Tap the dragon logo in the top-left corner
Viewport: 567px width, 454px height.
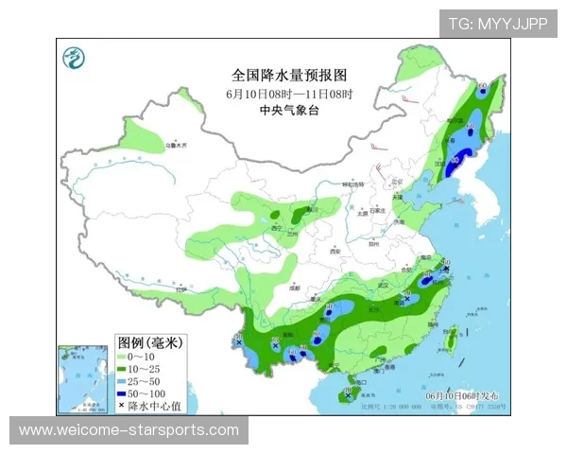pos(72,59)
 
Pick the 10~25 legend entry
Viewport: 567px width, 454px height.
pos(145,368)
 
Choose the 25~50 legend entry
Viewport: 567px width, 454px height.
pos(145,380)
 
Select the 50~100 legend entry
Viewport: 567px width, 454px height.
pos(146,393)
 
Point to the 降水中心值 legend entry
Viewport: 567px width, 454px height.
pos(151,405)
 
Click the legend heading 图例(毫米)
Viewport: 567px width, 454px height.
pos(148,340)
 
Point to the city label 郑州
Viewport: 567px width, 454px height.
pos(372,243)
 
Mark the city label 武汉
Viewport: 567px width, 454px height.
pos(382,285)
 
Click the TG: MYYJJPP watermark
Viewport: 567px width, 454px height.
pos(498,24)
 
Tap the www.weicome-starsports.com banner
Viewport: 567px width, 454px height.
pos(129,430)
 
